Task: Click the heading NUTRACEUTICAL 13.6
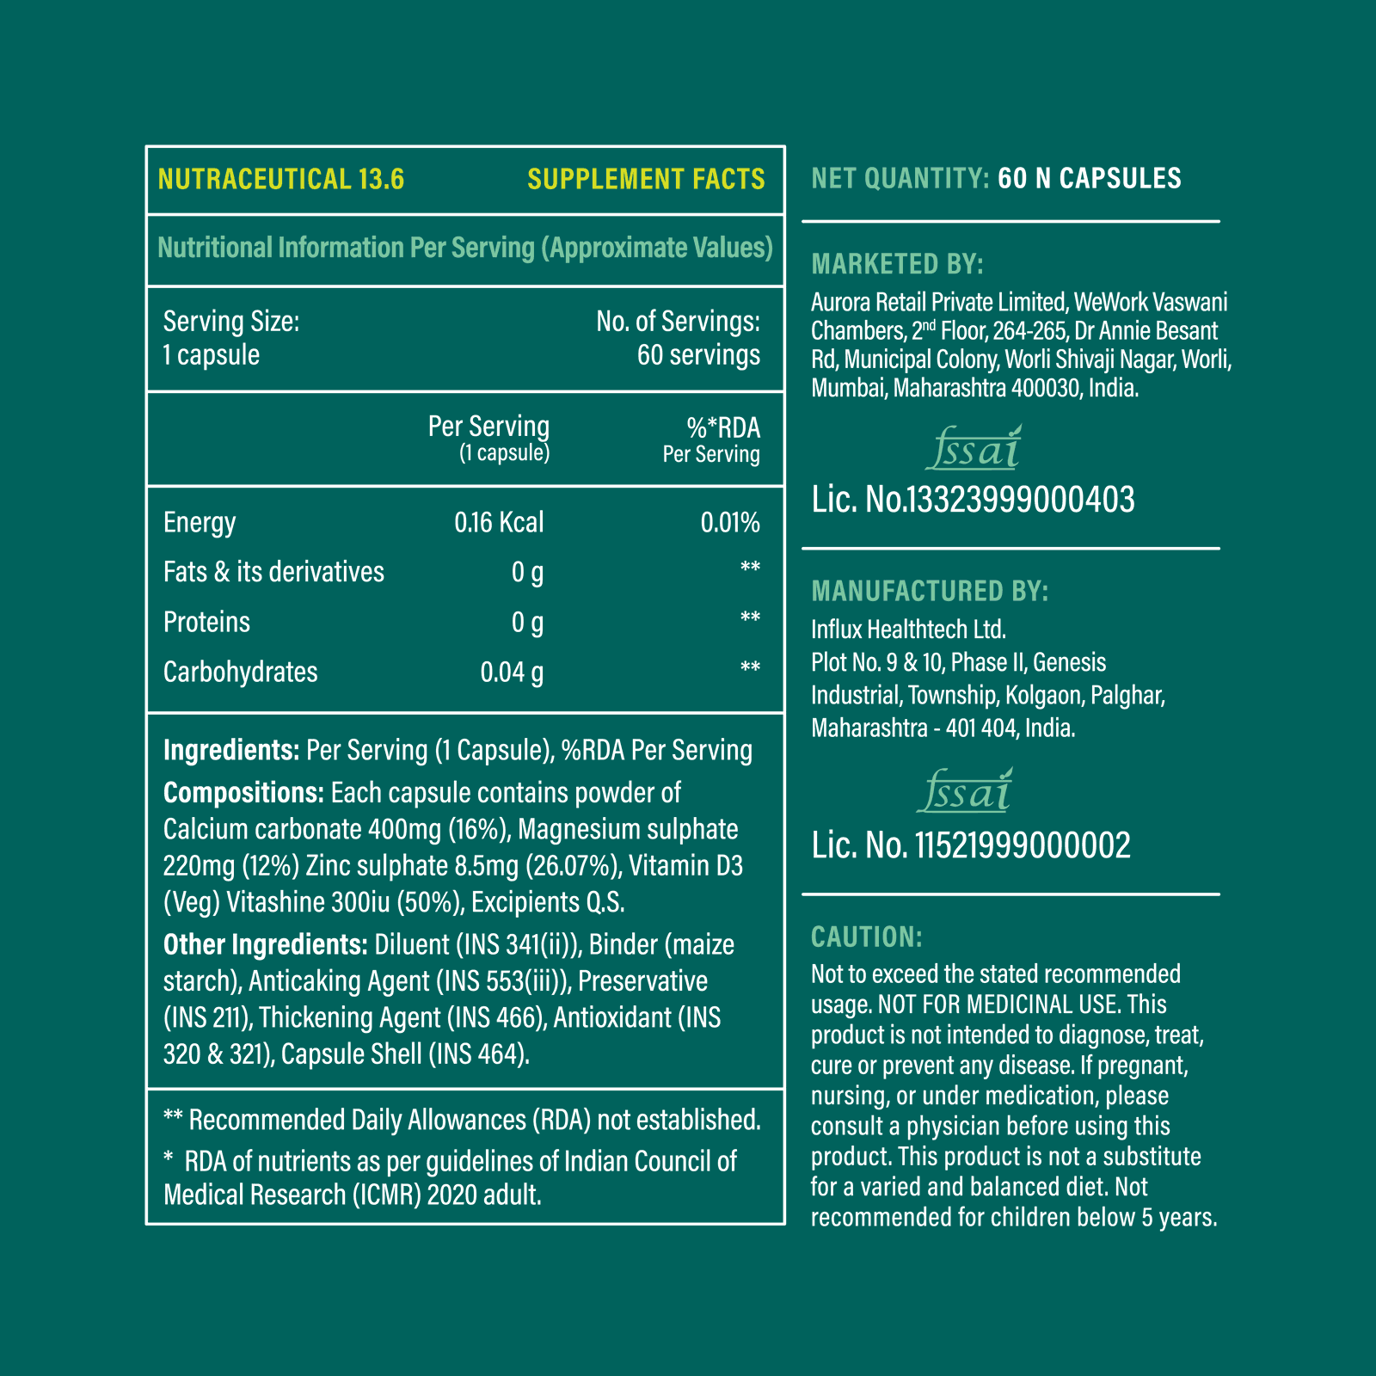click(x=280, y=179)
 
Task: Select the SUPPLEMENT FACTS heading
click(x=646, y=179)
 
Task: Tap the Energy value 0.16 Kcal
click(x=499, y=522)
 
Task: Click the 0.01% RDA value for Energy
click(x=729, y=522)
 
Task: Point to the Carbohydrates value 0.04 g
click(x=512, y=672)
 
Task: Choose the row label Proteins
click(x=206, y=622)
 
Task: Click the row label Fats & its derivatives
click(x=273, y=572)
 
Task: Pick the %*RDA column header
click(x=722, y=427)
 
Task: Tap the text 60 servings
click(x=697, y=355)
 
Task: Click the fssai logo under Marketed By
click(x=974, y=448)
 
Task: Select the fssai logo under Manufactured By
click(x=965, y=792)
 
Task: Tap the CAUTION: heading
click(x=866, y=937)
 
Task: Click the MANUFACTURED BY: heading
click(x=929, y=591)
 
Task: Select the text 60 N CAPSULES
click(x=1089, y=178)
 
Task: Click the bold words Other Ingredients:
click(x=265, y=944)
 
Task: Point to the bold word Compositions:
click(x=243, y=792)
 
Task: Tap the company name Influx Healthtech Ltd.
click(x=907, y=630)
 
